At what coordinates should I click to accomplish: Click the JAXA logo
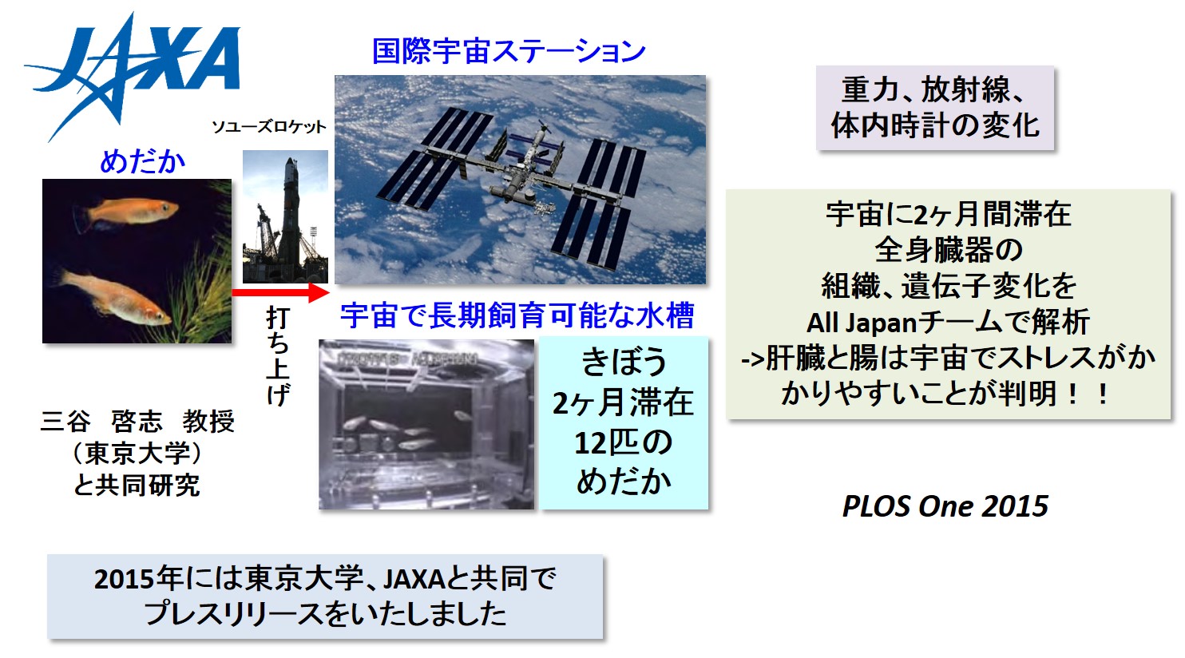(133, 74)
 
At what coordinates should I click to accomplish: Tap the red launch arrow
(280, 292)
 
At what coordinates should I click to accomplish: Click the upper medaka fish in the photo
(126, 212)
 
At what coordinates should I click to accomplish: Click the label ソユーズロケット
(269, 127)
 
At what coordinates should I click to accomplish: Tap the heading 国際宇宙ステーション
(509, 51)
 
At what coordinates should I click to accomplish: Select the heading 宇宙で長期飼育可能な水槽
(517, 315)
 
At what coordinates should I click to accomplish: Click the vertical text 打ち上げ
(278, 357)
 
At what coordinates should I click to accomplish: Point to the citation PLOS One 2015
(945, 506)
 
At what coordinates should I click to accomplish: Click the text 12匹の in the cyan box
(623, 442)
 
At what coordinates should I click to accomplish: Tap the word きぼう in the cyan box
(623, 362)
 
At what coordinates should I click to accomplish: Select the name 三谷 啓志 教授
(137, 422)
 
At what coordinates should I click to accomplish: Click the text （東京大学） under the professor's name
(137, 453)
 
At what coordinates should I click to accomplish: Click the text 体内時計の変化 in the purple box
(935, 126)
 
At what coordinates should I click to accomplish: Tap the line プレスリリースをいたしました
(325, 613)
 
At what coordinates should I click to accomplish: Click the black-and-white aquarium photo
(426, 424)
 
